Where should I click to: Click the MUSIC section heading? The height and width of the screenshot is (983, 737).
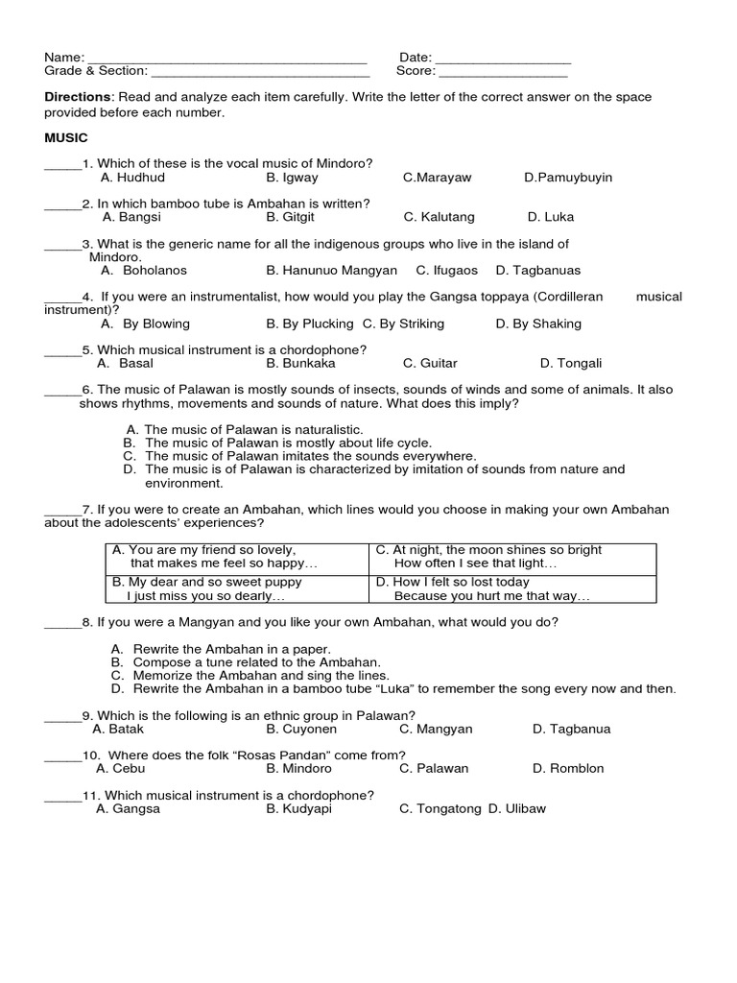click(x=65, y=138)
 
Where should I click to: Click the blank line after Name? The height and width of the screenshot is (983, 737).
click(x=227, y=60)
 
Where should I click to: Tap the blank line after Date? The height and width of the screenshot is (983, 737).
click(x=503, y=60)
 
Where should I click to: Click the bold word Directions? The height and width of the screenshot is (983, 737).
click(x=79, y=98)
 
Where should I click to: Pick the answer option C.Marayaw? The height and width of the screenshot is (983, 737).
click(x=437, y=178)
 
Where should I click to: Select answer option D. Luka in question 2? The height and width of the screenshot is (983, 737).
click(x=551, y=217)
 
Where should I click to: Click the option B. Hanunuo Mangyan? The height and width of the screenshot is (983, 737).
click(x=331, y=271)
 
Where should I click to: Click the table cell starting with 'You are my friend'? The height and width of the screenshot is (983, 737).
click(x=236, y=557)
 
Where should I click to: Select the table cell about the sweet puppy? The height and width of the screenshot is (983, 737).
click(x=236, y=588)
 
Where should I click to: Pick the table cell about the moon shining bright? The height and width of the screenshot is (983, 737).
click(x=512, y=557)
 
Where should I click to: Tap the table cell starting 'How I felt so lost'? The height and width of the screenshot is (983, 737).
click(x=512, y=588)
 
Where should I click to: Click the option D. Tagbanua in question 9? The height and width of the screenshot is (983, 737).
click(x=571, y=729)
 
